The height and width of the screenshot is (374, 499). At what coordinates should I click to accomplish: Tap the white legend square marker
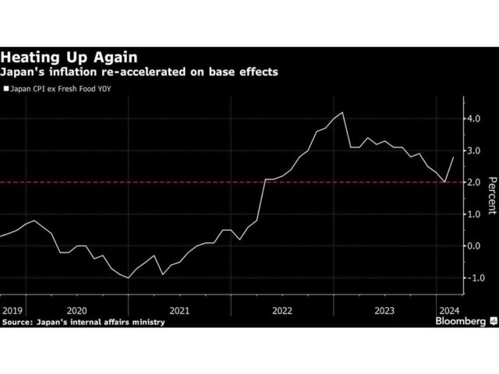pyautogui.click(x=7, y=90)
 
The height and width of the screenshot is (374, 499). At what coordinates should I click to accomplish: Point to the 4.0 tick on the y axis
pyautogui.click(x=473, y=118)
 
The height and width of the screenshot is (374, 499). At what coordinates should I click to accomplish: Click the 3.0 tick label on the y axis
pyautogui.click(x=473, y=150)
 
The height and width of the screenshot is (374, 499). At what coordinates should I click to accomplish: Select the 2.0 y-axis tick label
pyautogui.click(x=473, y=182)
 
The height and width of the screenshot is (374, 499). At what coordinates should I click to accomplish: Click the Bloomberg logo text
pyautogui.click(x=458, y=320)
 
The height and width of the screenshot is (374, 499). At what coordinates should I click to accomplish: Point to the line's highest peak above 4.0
pyautogui.click(x=343, y=113)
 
